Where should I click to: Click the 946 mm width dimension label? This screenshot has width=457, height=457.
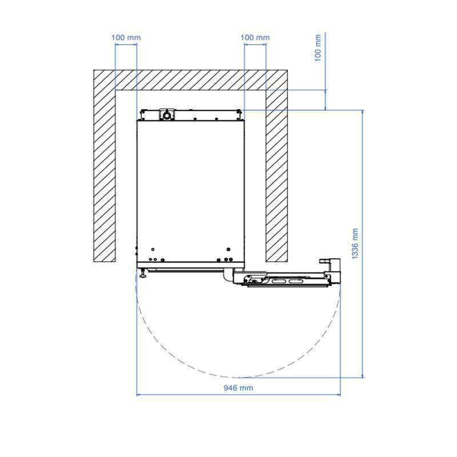click(x=238, y=388)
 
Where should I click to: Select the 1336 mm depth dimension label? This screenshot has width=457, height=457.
click(x=355, y=244)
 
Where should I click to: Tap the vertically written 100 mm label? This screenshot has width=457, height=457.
click(x=318, y=48)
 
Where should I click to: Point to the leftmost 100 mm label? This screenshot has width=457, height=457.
click(x=126, y=37)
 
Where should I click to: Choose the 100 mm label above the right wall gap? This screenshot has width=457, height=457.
click(x=255, y=37)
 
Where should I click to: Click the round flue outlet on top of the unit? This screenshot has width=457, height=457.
click(x=167, y=115)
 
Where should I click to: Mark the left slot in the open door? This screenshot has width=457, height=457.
click(x=279, y=282)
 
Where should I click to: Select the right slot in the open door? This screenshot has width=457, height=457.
click(x=296, y=282)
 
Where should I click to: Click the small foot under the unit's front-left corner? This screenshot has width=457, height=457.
click(x=142, y=274)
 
